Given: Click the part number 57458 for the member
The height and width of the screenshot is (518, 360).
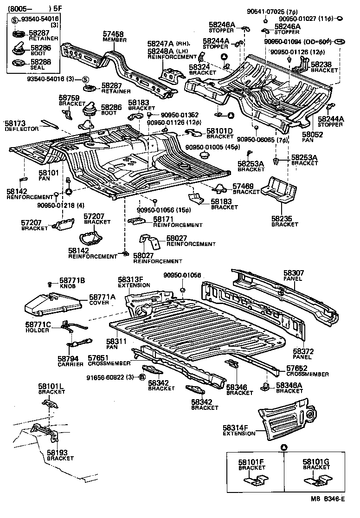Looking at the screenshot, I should click(x=113, y=34).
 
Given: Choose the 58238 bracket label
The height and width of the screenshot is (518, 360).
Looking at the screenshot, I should click(x=321, y=65).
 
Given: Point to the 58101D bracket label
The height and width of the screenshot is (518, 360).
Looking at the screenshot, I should click(x=219, y=131).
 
